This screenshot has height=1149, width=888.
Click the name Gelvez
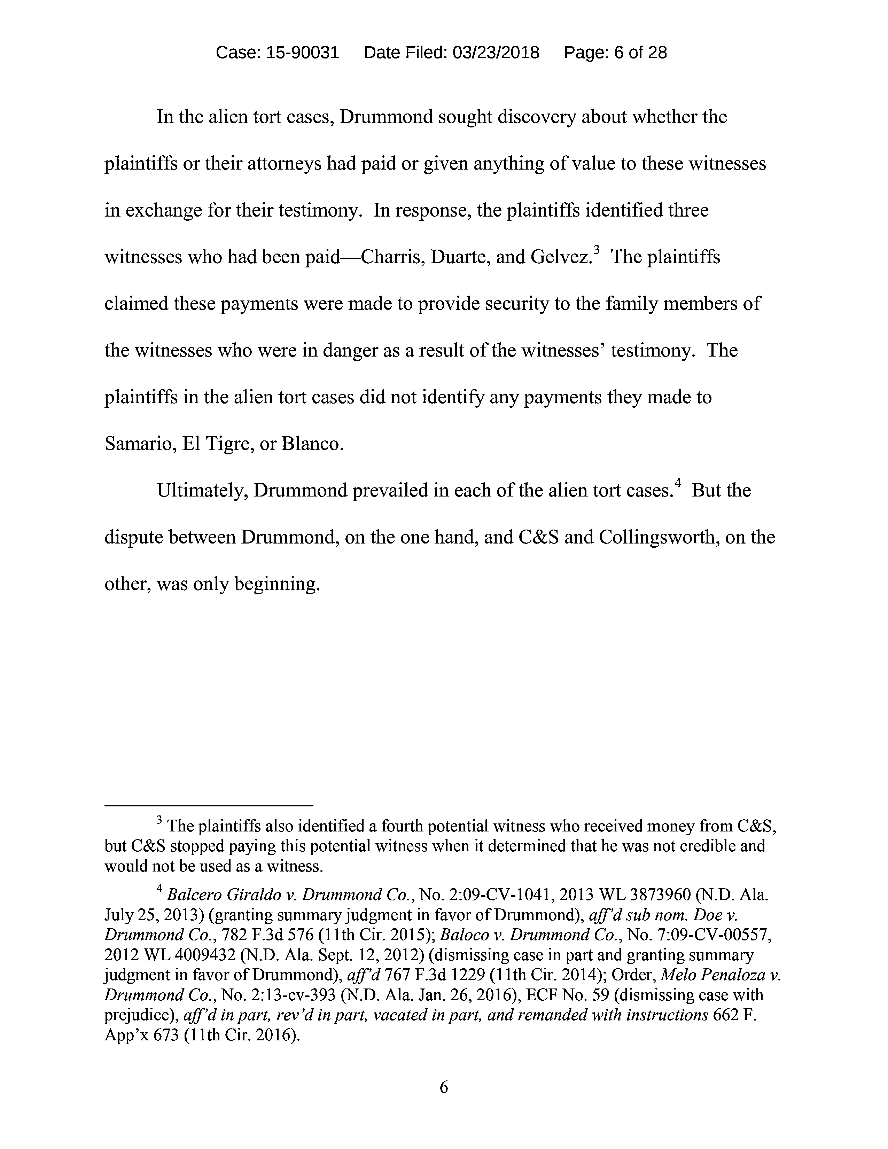(561, 257)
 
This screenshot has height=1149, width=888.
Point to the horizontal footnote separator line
(209, 805)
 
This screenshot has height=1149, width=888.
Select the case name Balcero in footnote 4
(193, 895)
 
